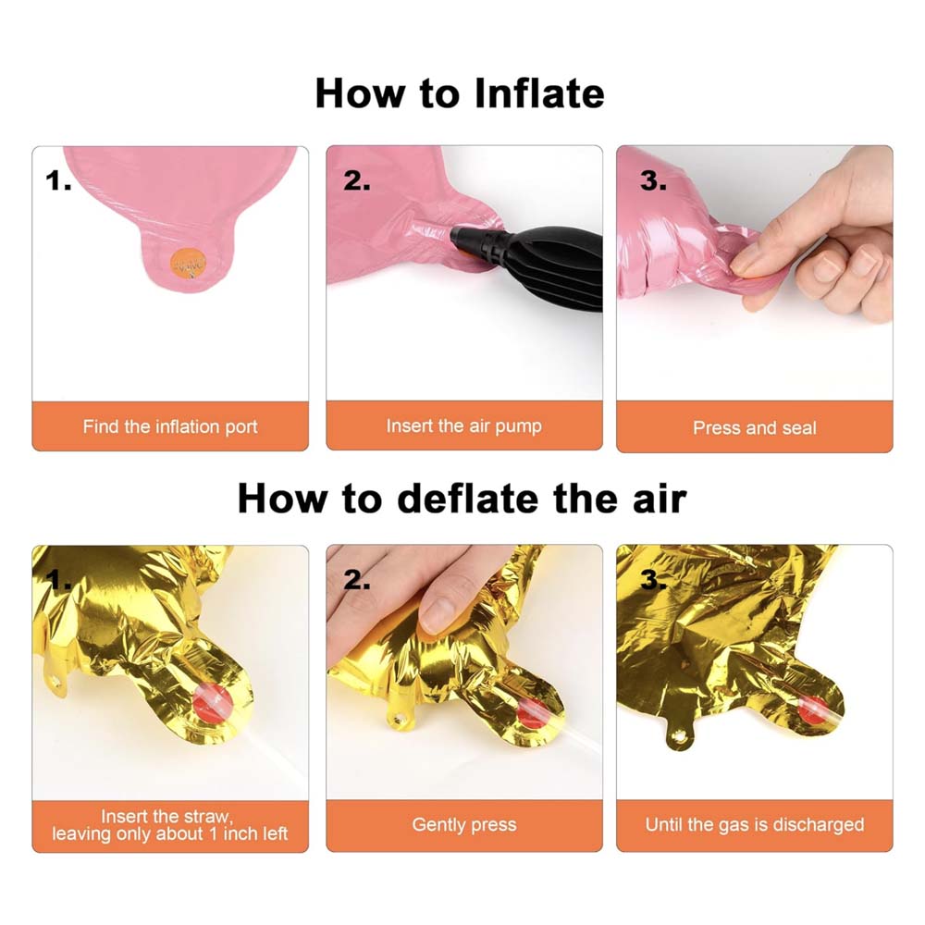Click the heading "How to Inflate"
(x=460, y=93)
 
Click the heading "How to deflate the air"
(x=462, y=499)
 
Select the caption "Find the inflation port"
(x=170, y=426)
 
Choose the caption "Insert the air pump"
(x=463, y=425)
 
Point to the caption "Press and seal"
(x=755, y=427)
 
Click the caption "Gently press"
(x=464, y=825)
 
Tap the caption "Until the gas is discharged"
(x=755, y=825)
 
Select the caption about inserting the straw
(x=170, y=825)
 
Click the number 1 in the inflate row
(x=57, y=180)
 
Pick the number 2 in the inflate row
(x=357, y=180)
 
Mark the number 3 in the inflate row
(x=654, y=180)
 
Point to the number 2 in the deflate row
(x=357, y=580)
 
